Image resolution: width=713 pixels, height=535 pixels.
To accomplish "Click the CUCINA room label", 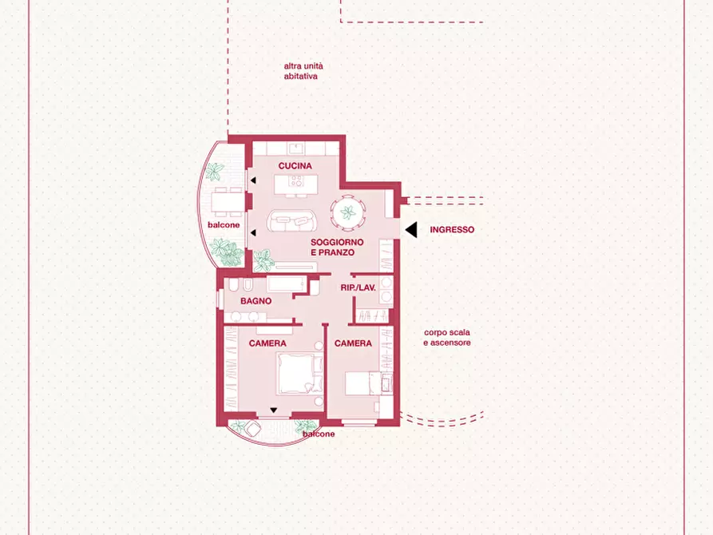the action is coord(295,166).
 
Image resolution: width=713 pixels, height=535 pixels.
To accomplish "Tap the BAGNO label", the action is coord(256,301).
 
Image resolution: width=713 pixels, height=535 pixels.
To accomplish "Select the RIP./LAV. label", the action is coord(358,287).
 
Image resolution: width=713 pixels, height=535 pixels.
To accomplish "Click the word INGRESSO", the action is coord(452,230).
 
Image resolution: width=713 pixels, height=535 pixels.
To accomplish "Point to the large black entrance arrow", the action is coord(411,230).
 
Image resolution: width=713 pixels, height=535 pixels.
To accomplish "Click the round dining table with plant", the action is coord(348,212).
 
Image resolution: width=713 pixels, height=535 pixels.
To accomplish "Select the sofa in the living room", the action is coord(292,220).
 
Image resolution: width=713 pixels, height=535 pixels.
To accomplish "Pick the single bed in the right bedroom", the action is coord(367,383).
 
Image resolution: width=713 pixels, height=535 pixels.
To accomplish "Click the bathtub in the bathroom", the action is coord(286,284).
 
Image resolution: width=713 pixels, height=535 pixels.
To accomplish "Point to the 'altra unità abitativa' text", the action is coord(303,71).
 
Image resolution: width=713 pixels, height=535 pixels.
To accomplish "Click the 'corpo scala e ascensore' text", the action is coord(447,338).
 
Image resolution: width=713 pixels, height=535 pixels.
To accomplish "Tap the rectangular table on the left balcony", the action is coord(228,202).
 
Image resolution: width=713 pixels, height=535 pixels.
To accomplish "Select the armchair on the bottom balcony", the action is coord(253,428).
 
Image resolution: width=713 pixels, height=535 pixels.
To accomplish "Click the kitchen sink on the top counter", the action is coord(296,148).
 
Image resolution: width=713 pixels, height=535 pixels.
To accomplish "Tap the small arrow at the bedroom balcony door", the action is coord(273,410).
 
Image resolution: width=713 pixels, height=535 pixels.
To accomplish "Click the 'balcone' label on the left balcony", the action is coord(224,225).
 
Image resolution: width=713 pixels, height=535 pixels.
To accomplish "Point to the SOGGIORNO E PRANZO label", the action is coord(337,248).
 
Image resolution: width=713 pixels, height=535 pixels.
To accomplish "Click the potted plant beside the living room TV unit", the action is coord(263,260).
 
